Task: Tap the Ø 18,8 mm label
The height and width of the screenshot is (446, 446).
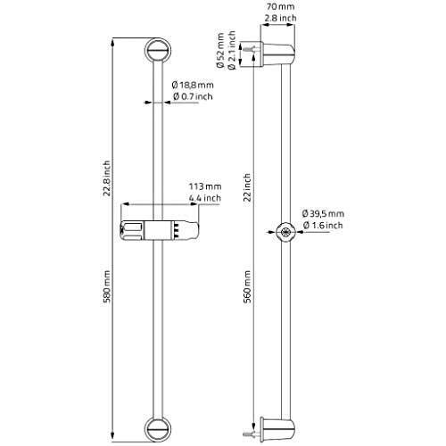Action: tap(191, 86)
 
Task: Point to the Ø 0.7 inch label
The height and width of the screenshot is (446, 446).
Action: tap(191, 96)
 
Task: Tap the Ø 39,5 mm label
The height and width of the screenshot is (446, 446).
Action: tap(324, 214)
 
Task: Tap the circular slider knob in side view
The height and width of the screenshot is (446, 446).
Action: tap(285, 232)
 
